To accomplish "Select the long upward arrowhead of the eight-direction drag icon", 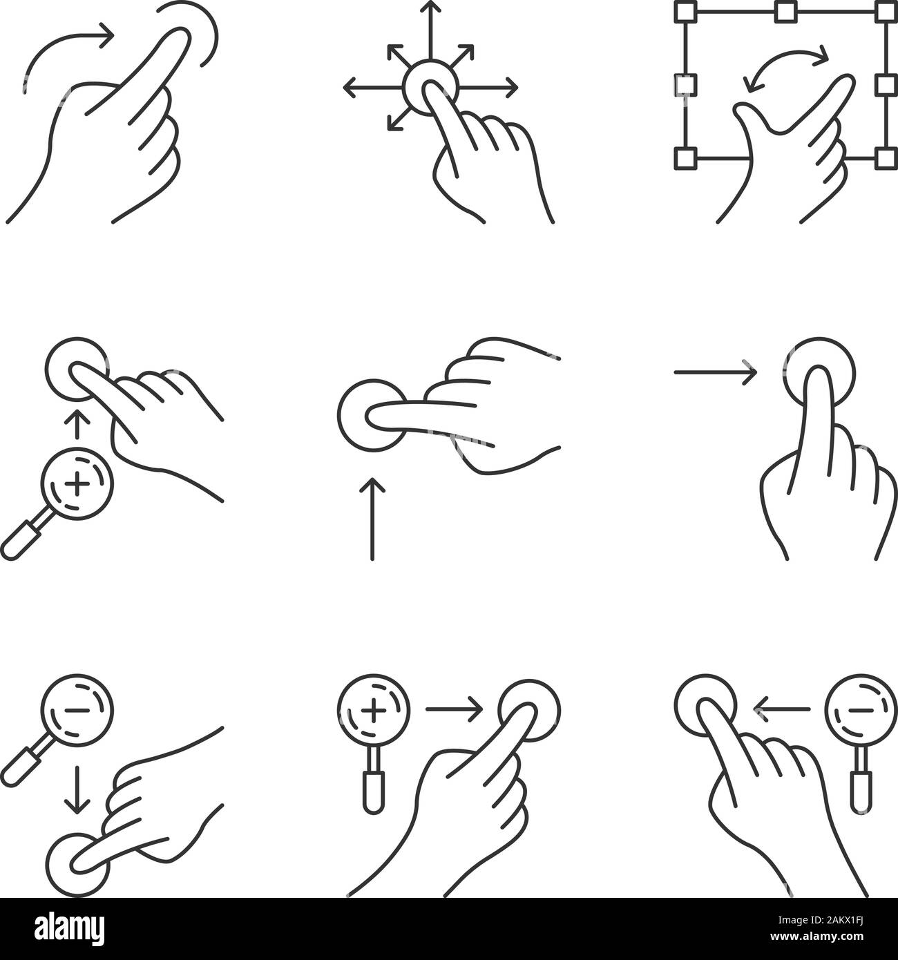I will tap(431, 8).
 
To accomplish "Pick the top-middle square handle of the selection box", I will tap(784, 12).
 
